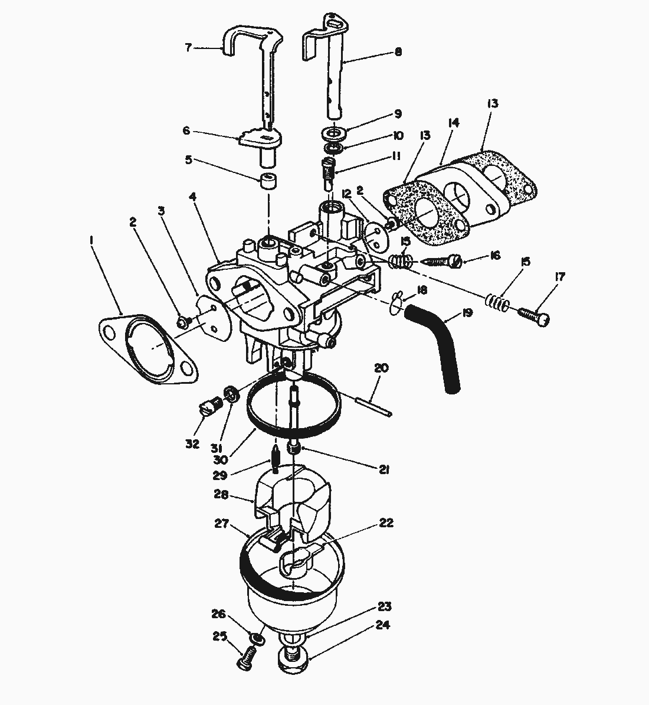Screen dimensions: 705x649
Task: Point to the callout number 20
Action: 382,368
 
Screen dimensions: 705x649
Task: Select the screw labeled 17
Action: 535,316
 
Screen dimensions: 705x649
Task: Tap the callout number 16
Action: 494,255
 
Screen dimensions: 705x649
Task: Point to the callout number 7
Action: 188,48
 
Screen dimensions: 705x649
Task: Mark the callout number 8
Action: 398,52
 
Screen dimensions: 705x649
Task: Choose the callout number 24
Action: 385,625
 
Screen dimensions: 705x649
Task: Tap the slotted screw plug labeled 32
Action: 209,406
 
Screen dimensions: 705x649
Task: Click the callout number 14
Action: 454,123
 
